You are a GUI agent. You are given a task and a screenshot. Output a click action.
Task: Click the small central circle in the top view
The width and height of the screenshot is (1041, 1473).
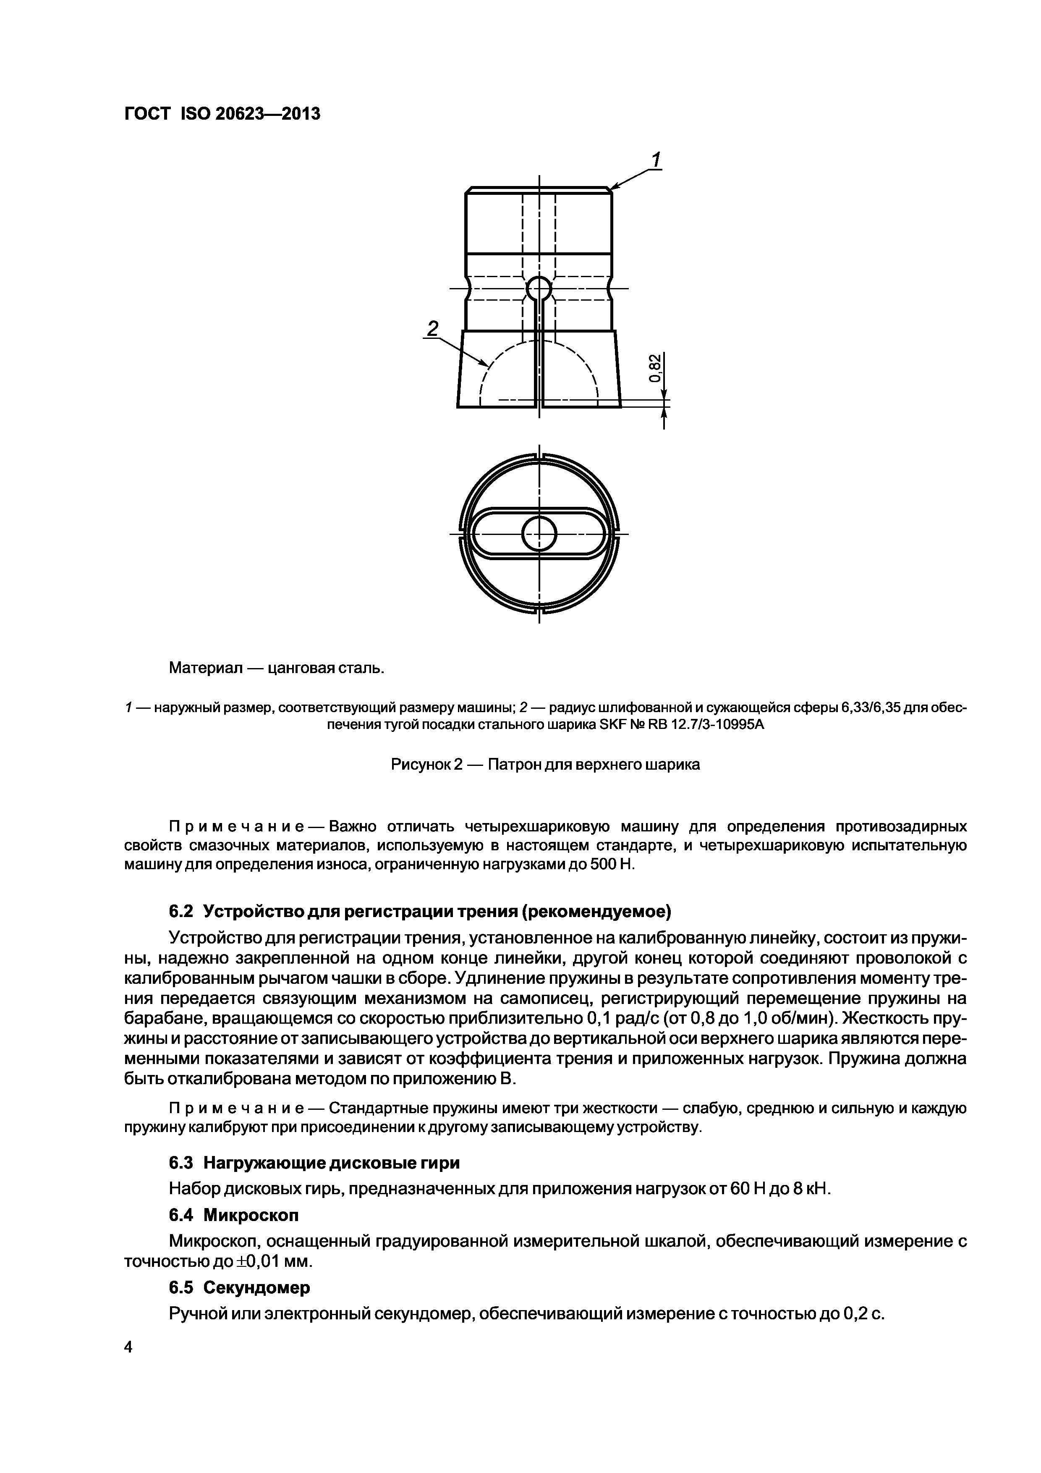click(x=539, y=534)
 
